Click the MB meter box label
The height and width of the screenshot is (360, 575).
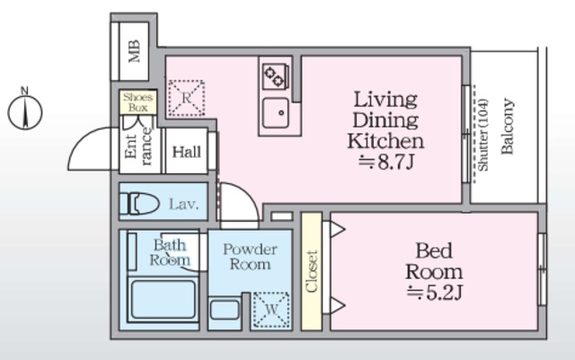(134, 51)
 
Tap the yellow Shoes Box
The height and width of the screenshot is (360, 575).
(138, 102)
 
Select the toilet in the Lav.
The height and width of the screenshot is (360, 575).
(140, 203)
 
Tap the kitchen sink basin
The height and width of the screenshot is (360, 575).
(276, 113)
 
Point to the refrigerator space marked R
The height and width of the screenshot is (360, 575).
(186, 98)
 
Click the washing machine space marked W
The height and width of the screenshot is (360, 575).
(271, 310)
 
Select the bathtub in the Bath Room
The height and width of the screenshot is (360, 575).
(163, 300)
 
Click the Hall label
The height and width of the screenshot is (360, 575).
(187, 152)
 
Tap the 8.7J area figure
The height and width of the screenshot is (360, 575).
(386, 162)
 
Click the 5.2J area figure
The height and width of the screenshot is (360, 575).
(435, 293)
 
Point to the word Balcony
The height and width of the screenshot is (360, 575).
(507, 126)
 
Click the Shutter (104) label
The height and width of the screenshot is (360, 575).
(483, 135)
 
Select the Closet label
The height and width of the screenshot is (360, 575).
(312, 272)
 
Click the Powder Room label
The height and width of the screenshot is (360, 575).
(250, 257)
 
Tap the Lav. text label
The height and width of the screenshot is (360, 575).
(183, 204)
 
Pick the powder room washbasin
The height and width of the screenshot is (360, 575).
(225, 310)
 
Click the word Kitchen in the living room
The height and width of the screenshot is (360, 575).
(385, 141)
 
